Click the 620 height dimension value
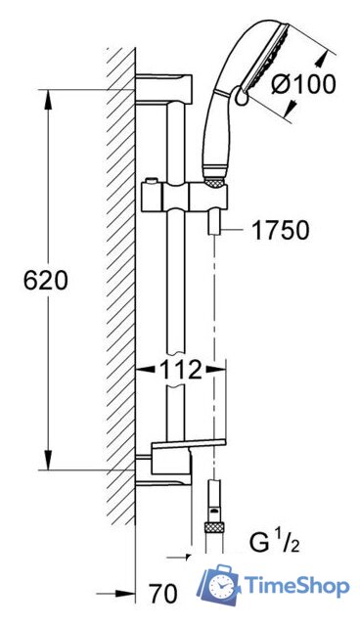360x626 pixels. [x=46, y=281]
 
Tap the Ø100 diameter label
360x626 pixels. [x=303, y=84]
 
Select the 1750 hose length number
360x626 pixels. [x=281, y=231]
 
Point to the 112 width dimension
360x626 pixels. [x=180, y=370]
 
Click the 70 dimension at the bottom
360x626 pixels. [x=162, y=594]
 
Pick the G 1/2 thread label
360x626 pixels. [x=275, y=542]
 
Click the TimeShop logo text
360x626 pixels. [x=296, y=586]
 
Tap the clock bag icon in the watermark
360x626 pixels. [x=219, y=583]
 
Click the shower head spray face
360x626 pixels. [x=267, y=56]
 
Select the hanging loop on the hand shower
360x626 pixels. [x=241, y=96]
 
